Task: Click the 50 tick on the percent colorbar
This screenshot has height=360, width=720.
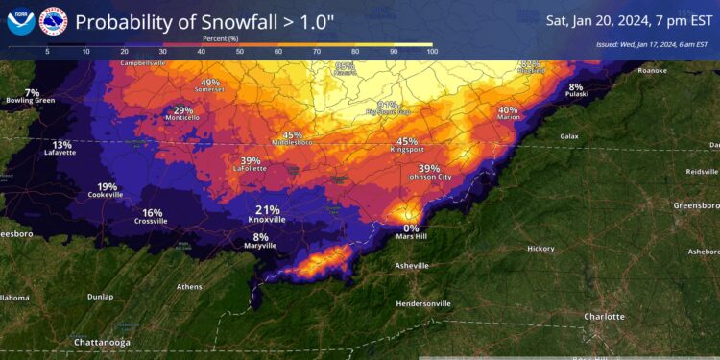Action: tap(240, 51)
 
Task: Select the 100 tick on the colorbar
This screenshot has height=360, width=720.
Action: tap(431, 51)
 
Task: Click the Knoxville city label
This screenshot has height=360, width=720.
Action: tap(268, 220)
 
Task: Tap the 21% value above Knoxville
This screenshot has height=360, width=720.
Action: tap(268, 209)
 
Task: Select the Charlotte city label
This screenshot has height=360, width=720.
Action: tap(604, 317)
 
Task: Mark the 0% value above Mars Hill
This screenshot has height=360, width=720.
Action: tap(411, 228)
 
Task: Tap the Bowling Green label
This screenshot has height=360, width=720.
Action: tap(32, 100)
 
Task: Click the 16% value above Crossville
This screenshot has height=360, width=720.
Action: tap(152, 212)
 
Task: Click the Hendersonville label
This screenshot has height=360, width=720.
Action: tap(423, 303)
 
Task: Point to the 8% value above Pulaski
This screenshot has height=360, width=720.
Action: tap(576, 85)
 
